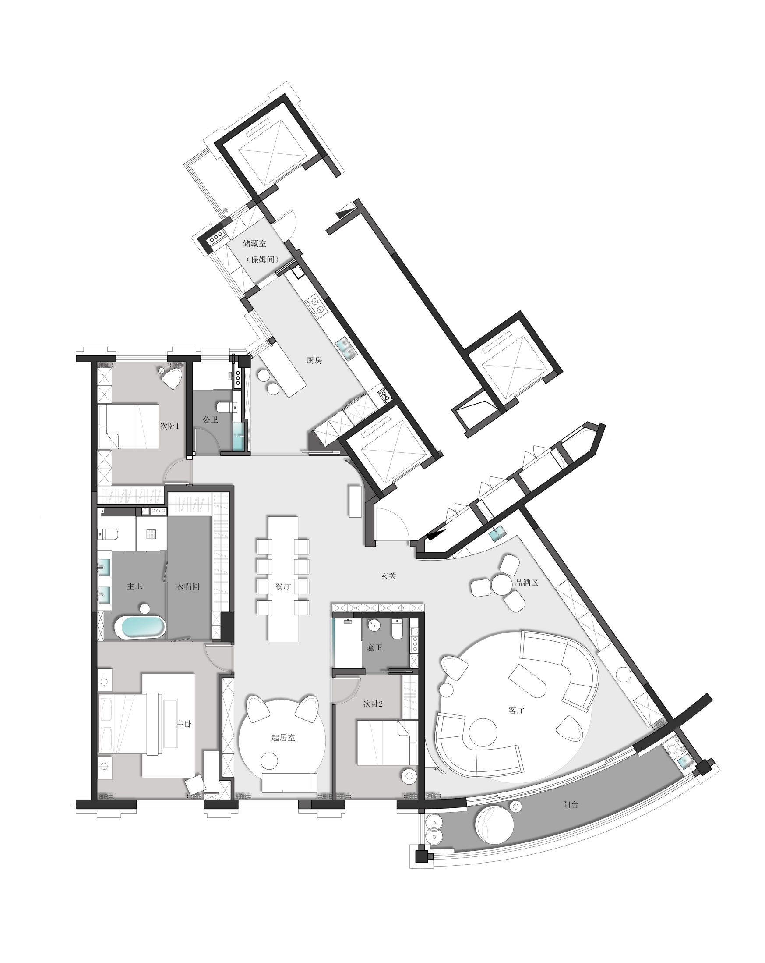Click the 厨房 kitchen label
pyautogui.click(x=314, y=360)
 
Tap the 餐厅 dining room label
pyautogui.click(x=283, y=586)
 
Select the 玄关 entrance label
pyautogui.click(x=389, y=576)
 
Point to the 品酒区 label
pyautogui.click(x=527, y=583)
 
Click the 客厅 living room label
pyautogui.click(x=516, y=710)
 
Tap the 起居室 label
pyautogui.click(x=283, y=737)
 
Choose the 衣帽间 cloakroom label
pyautogui.click(x=187, y=586)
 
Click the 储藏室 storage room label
pyautogui.click(x=254, y=243)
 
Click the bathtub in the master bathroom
pyautogui.click(x=140, y=627)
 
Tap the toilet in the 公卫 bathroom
pyautogui.click(x=226, y=407)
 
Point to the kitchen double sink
pyautogui.click(x=346, y=348)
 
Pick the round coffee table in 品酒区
pyautogui.click(x=502, y=585)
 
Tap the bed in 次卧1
pyautogui.click(x=129, y=426)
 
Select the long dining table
pyautogui.click(x=283, y=579)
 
